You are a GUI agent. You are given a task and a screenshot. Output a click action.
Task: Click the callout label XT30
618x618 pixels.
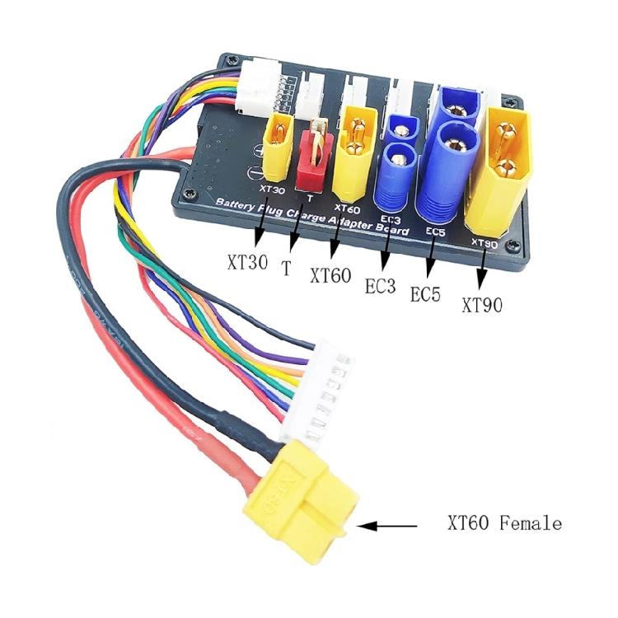tap(245, 265)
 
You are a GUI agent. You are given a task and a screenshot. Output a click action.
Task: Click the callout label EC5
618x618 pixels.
tap(427, 295)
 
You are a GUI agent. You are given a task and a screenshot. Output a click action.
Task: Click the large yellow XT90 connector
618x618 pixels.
tap(504, 171)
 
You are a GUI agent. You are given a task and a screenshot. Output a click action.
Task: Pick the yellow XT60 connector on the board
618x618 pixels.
tap(358, 152)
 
